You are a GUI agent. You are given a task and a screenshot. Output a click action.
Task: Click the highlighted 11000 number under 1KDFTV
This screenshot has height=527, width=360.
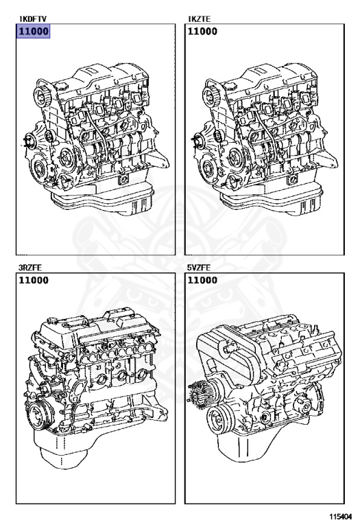(x=34, y=32)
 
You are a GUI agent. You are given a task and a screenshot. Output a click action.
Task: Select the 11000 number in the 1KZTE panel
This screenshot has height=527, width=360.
(x=202, y=32)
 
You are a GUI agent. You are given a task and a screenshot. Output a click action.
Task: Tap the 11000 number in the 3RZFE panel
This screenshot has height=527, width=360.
(x=34, y=280)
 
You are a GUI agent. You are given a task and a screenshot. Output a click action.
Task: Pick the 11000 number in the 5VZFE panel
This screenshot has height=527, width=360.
(x=202, y=280)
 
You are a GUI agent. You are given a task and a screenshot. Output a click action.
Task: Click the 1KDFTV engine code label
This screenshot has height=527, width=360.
(x=33, y=19)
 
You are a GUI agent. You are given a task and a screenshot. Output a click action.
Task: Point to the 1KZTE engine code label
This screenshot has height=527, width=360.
(x=199, y=19)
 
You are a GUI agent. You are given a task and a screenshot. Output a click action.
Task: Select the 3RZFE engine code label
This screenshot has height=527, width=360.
(x=30, y=268)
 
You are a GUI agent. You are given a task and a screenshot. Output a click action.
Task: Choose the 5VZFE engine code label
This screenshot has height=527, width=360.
(x=199, y=268)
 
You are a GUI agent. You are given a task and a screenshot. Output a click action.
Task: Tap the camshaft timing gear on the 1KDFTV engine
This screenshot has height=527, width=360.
(x=42, y=95)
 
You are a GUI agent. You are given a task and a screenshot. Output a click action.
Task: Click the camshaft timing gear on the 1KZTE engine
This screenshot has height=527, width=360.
(x=211, y=95)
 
